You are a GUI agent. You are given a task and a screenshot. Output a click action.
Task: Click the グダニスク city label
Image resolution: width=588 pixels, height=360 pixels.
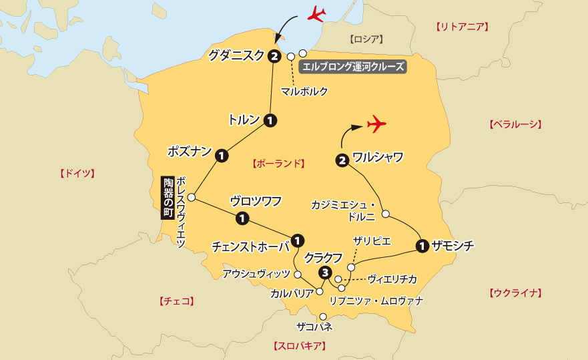coord(236,56)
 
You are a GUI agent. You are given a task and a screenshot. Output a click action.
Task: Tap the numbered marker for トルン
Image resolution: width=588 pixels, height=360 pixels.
coord(270,121)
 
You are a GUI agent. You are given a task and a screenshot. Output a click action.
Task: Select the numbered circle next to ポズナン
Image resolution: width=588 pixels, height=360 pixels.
coord(222,156)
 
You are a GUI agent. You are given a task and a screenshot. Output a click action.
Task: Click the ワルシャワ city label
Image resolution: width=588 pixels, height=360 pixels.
coord(378,158)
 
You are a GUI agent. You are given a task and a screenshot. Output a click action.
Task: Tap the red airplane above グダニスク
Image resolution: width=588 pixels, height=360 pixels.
coord(316,13)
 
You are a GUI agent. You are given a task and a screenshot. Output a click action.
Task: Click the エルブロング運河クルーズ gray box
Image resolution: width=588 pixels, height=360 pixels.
coord(353,67)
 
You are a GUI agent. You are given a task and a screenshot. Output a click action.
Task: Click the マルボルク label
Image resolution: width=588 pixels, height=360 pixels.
coord(304,92)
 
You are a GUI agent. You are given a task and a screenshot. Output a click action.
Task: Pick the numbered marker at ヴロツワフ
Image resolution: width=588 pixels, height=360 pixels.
coord(242,218)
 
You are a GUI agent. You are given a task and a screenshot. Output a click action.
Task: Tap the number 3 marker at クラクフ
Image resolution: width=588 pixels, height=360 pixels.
coord(325,273)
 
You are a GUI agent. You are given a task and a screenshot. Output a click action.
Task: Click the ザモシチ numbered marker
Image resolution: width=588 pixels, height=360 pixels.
coord(422,246)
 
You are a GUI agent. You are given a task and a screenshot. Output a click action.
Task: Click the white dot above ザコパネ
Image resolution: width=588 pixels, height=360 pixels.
coord(323,317)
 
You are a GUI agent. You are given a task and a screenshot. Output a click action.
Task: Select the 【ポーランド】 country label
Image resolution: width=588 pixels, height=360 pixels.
coord(278,163)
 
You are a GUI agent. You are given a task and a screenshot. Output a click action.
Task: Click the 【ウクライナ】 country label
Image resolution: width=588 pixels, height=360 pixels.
coord(515,293)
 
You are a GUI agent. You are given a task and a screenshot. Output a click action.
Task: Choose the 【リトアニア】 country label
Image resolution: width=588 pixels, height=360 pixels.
coord(462,27)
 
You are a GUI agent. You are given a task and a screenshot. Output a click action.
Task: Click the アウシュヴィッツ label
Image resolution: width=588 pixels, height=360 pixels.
coord(257,274)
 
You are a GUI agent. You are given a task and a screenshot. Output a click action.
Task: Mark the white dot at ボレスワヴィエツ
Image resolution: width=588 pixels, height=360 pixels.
coord(192,198)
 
